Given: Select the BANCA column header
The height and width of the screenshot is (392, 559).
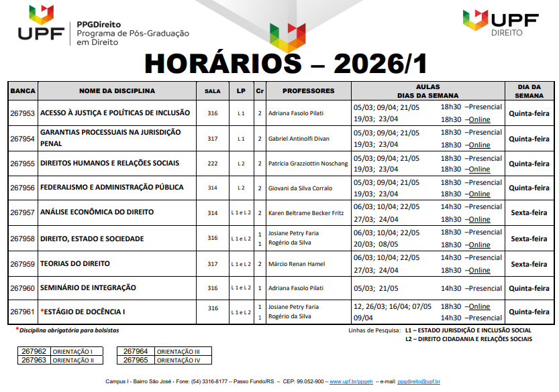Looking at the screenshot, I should [x=23, y=91].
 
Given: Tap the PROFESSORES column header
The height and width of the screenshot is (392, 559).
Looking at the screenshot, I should [x=308, y=91].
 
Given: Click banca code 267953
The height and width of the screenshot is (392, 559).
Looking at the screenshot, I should [x=23, y=113].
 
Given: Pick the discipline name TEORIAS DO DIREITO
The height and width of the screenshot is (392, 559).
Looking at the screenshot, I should [x=75, y=264].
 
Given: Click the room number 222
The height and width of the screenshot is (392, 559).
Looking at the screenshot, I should [x=212, y=164].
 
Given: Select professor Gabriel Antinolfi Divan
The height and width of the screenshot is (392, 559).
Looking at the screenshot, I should [x=299, y=139].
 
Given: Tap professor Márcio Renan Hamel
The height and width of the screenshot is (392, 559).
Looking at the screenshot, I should [x=296, y=264].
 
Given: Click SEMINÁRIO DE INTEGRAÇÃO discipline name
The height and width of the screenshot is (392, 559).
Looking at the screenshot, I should [x=88, y=288].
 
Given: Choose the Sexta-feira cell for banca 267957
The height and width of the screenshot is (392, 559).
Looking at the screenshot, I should [x=529, y=213].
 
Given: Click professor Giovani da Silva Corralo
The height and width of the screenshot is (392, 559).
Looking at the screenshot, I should [x=301, y=188].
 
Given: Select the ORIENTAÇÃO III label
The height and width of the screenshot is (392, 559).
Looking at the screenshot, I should [x=179, y=352].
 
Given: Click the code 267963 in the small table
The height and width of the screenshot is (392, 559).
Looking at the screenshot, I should [x=34, y=360].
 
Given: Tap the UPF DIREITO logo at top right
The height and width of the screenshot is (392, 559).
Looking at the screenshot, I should [x=500, y=23].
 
